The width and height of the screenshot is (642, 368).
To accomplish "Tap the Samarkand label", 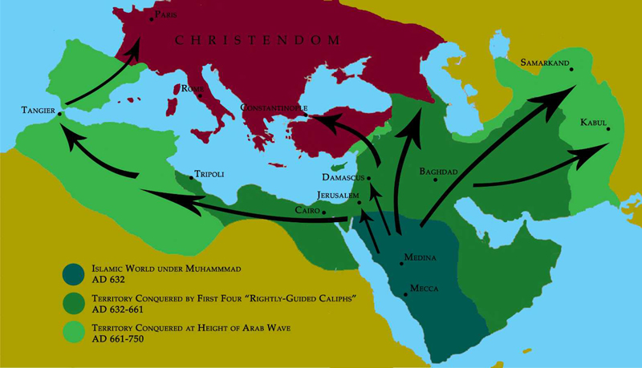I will click(x=544, y=61).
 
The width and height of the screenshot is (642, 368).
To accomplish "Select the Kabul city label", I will click(x=594, y=122).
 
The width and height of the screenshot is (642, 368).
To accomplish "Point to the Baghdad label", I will click(x=438, y=172).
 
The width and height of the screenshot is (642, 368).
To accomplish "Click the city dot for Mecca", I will click(x=406, y=294).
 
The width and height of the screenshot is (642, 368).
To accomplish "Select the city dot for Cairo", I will click(x=323, y=212).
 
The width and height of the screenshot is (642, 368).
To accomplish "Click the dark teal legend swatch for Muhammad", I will click(x=76, y=273).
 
